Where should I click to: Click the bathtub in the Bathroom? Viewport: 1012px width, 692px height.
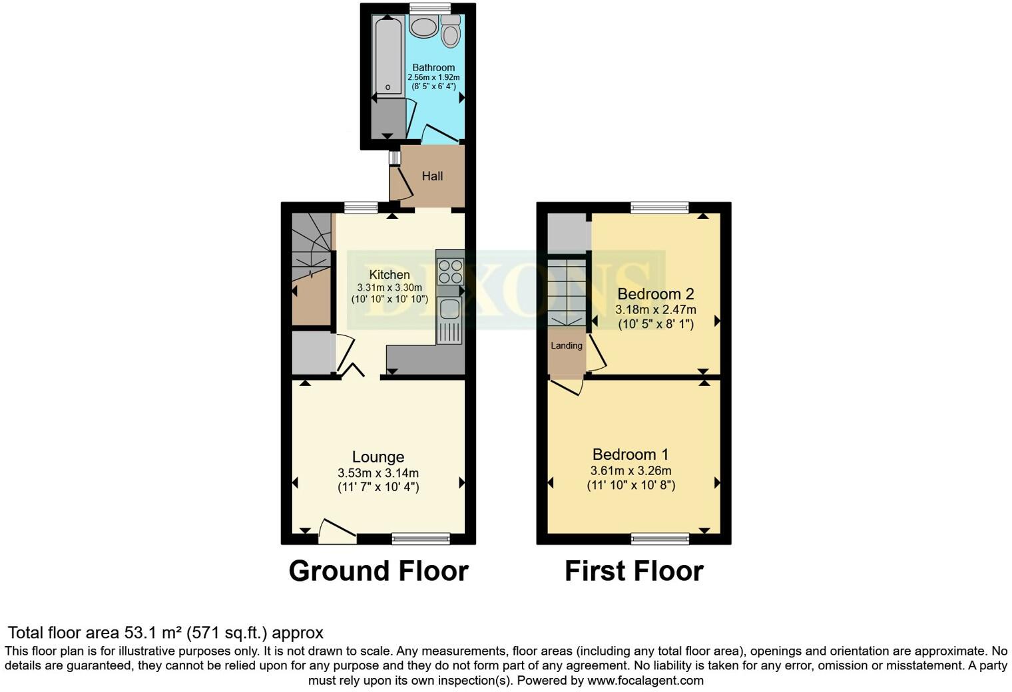point(387,57)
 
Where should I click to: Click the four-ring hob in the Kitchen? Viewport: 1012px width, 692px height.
point(451,271)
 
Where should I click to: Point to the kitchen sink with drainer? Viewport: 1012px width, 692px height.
point(450,319)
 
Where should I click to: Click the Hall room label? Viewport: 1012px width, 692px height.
point(432,176)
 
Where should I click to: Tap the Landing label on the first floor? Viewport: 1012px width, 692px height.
point(567,345)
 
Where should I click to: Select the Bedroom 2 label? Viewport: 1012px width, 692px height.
point(656,294)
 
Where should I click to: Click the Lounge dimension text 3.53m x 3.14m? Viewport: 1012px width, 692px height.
point(378,473)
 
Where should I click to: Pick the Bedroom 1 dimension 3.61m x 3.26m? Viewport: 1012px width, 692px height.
point(631,470)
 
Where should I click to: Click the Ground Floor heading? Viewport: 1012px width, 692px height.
point(378,571)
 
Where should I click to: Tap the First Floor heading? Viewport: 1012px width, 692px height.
point(634,571)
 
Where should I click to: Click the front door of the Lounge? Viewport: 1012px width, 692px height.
point(337,532)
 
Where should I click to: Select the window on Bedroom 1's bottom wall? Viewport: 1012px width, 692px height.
point(660,538)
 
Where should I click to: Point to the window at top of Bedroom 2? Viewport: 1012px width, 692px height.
point(660,208)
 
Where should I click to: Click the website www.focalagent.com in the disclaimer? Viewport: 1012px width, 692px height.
point(644,680)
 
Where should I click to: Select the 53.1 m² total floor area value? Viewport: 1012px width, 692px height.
point(153,632)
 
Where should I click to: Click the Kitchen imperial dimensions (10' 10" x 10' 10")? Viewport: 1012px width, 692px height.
point(389,299)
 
